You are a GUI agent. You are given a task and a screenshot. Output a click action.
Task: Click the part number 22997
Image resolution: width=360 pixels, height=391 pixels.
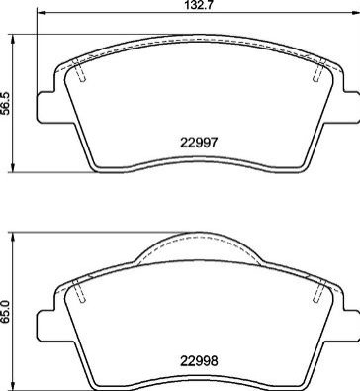tap(199, 143)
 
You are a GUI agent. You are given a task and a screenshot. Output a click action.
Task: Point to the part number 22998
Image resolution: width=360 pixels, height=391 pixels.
tap(199, 361)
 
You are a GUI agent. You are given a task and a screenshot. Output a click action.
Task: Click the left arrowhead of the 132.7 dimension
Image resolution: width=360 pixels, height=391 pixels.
tap(41, 13)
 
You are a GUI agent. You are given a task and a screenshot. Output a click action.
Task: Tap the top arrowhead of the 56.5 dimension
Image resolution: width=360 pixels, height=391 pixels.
tap(13, 39)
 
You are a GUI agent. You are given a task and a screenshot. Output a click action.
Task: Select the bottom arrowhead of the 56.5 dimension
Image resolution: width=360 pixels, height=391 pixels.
tap(13, 167)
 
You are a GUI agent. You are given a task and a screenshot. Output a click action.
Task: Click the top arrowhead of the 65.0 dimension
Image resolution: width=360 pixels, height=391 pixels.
tap(13, 237)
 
